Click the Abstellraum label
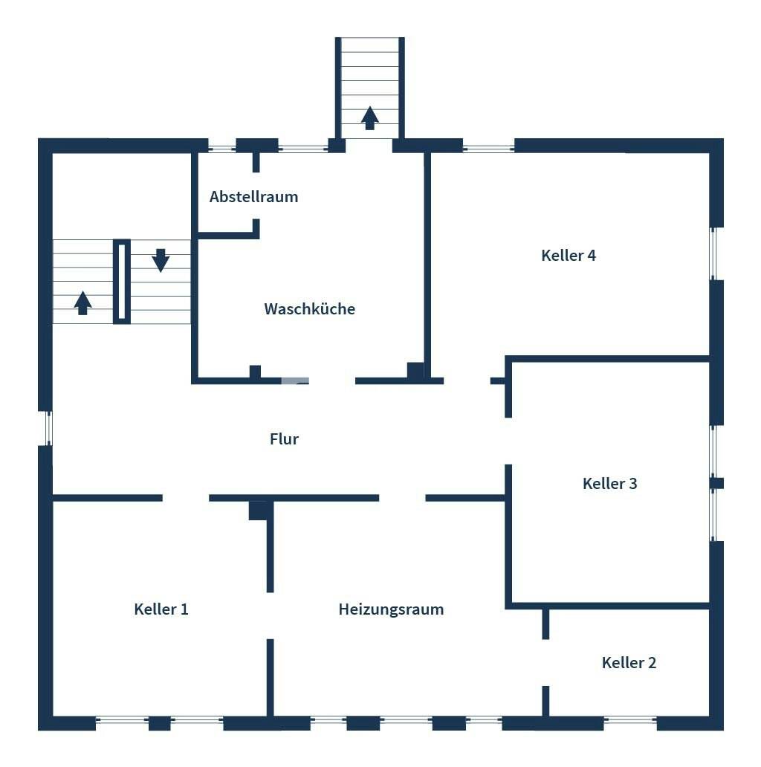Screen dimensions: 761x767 [x=254, y=197]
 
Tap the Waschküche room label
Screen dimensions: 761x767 [x=310, y=308]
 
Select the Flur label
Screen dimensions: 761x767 [x=284, y=438]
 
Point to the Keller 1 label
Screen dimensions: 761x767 [x=161, y=609]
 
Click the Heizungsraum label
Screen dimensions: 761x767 [x=391, y=609]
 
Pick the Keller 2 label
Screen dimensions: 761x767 [x=629, y=662]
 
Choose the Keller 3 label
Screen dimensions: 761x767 [x=610, y=483]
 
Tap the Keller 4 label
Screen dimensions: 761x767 [x=569, y=256]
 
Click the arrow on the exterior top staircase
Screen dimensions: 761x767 [x=370, y=118]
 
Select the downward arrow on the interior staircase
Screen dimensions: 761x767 [x=161, y=260]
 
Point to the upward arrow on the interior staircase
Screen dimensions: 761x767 [x=82, y=302]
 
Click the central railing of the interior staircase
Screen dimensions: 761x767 [x=122, y=281]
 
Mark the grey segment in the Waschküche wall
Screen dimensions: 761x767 [x=295, y=381]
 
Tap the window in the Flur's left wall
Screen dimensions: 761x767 [x=48, y=428]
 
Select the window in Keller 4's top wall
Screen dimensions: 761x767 [x=488, y=146]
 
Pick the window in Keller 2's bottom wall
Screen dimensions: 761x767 [x=630, y=719]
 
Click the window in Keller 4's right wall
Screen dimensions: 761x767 [x=713, y=254]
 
